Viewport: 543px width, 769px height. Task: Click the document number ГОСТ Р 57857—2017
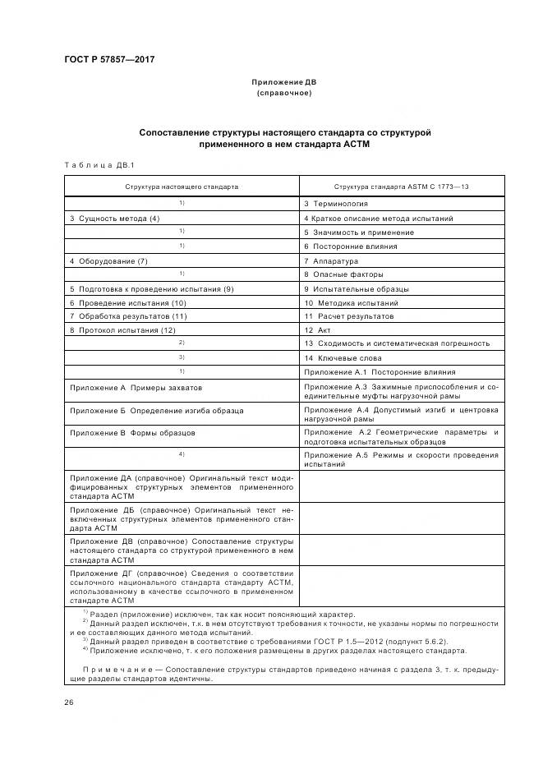[x=108, y=59]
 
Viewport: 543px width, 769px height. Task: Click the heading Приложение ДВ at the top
[x=284, y=83]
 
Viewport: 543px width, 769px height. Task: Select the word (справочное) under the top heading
[x=284, y=94]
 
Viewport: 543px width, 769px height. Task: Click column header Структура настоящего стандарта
[x=182, y=186]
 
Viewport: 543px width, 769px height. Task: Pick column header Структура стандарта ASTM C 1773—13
[x=402, y=186]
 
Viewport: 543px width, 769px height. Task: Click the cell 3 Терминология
[x=336, y=204]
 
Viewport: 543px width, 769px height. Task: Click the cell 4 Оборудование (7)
[x=108, y=260]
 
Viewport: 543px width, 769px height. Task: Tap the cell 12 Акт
[x=320, y=329]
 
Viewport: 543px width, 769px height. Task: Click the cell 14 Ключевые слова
[x=343, y=358]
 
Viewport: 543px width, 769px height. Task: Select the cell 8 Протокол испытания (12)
[x=123, y=329]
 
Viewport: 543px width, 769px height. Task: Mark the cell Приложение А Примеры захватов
[x=136, y=387]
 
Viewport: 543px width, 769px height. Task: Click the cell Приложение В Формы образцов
[x=132, y=432]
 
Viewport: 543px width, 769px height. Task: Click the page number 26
[x=69, y=702]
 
